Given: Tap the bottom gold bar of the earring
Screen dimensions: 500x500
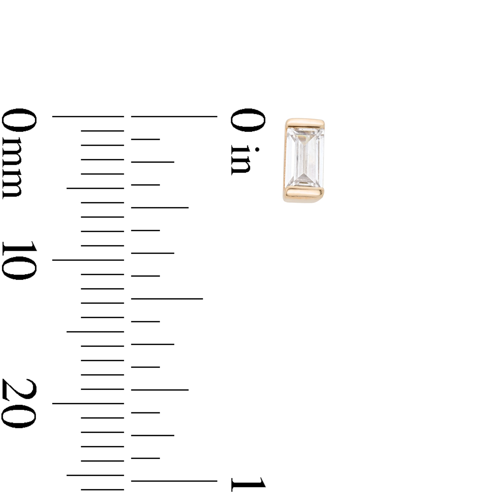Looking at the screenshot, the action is tap(304, 193).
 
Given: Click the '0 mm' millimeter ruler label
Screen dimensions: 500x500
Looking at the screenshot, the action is tap(19, 154).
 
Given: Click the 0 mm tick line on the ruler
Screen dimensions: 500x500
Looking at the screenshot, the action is tap(88, 117).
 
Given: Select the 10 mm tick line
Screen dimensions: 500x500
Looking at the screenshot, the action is tap(88, 260).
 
